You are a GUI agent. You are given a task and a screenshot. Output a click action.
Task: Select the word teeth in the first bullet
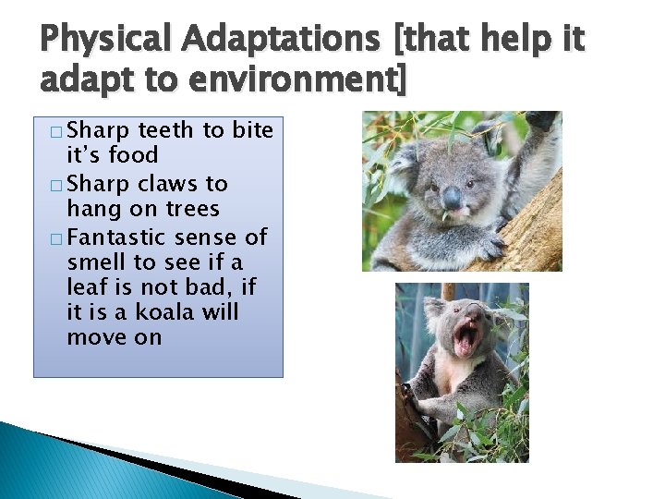pos(166,130)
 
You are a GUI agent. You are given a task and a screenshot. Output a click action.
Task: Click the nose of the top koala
pos(451,197)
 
